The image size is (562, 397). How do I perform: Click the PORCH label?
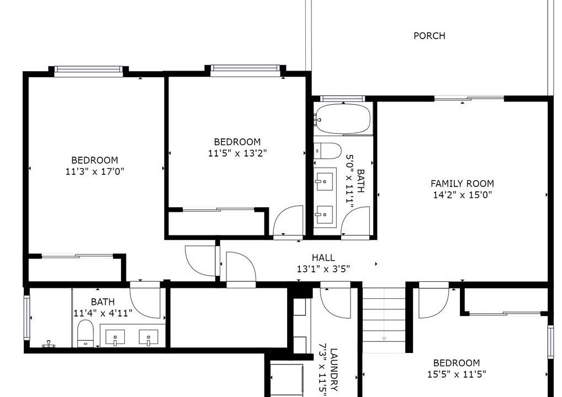pyautogui.click(x=429, y=36)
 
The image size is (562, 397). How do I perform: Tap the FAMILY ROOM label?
pyautogui.click(x=462, y=184)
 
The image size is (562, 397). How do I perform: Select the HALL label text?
pyautogui.click(x=324, y=257)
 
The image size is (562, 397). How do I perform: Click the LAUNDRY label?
pyautogui.click(x=333, y=369)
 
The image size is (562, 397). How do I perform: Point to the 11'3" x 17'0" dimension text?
pyautogui.click(x=94, y=171)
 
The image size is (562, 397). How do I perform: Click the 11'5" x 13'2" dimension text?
pyautogui.click(x=237, y=153)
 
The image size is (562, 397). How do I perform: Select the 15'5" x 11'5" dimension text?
pyautogui.click(x=456, y=374)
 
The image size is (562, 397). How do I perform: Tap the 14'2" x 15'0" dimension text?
pyautogui.click(x=462, y=195)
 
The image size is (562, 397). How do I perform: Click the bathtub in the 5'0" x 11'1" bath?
pyautogui.click(x=343, y=119)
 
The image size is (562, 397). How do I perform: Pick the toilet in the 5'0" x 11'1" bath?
pyautogui.click(x=327, y=151)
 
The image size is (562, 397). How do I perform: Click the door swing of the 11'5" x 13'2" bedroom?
pyautogui.click(x=289, y=220)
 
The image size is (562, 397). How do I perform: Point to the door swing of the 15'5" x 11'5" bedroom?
pyautogui.click(x=434, y=303)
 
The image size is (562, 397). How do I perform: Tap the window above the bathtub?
pyautogui.click(x=342, y=99)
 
